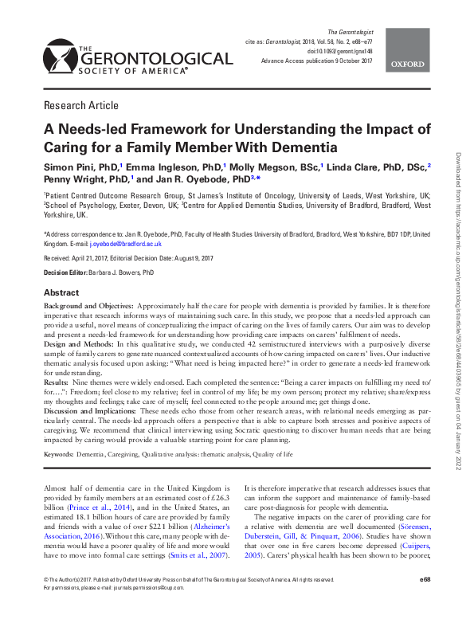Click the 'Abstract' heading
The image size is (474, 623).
(x=61, y=292)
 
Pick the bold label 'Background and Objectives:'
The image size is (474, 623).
(x=89, y=306)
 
